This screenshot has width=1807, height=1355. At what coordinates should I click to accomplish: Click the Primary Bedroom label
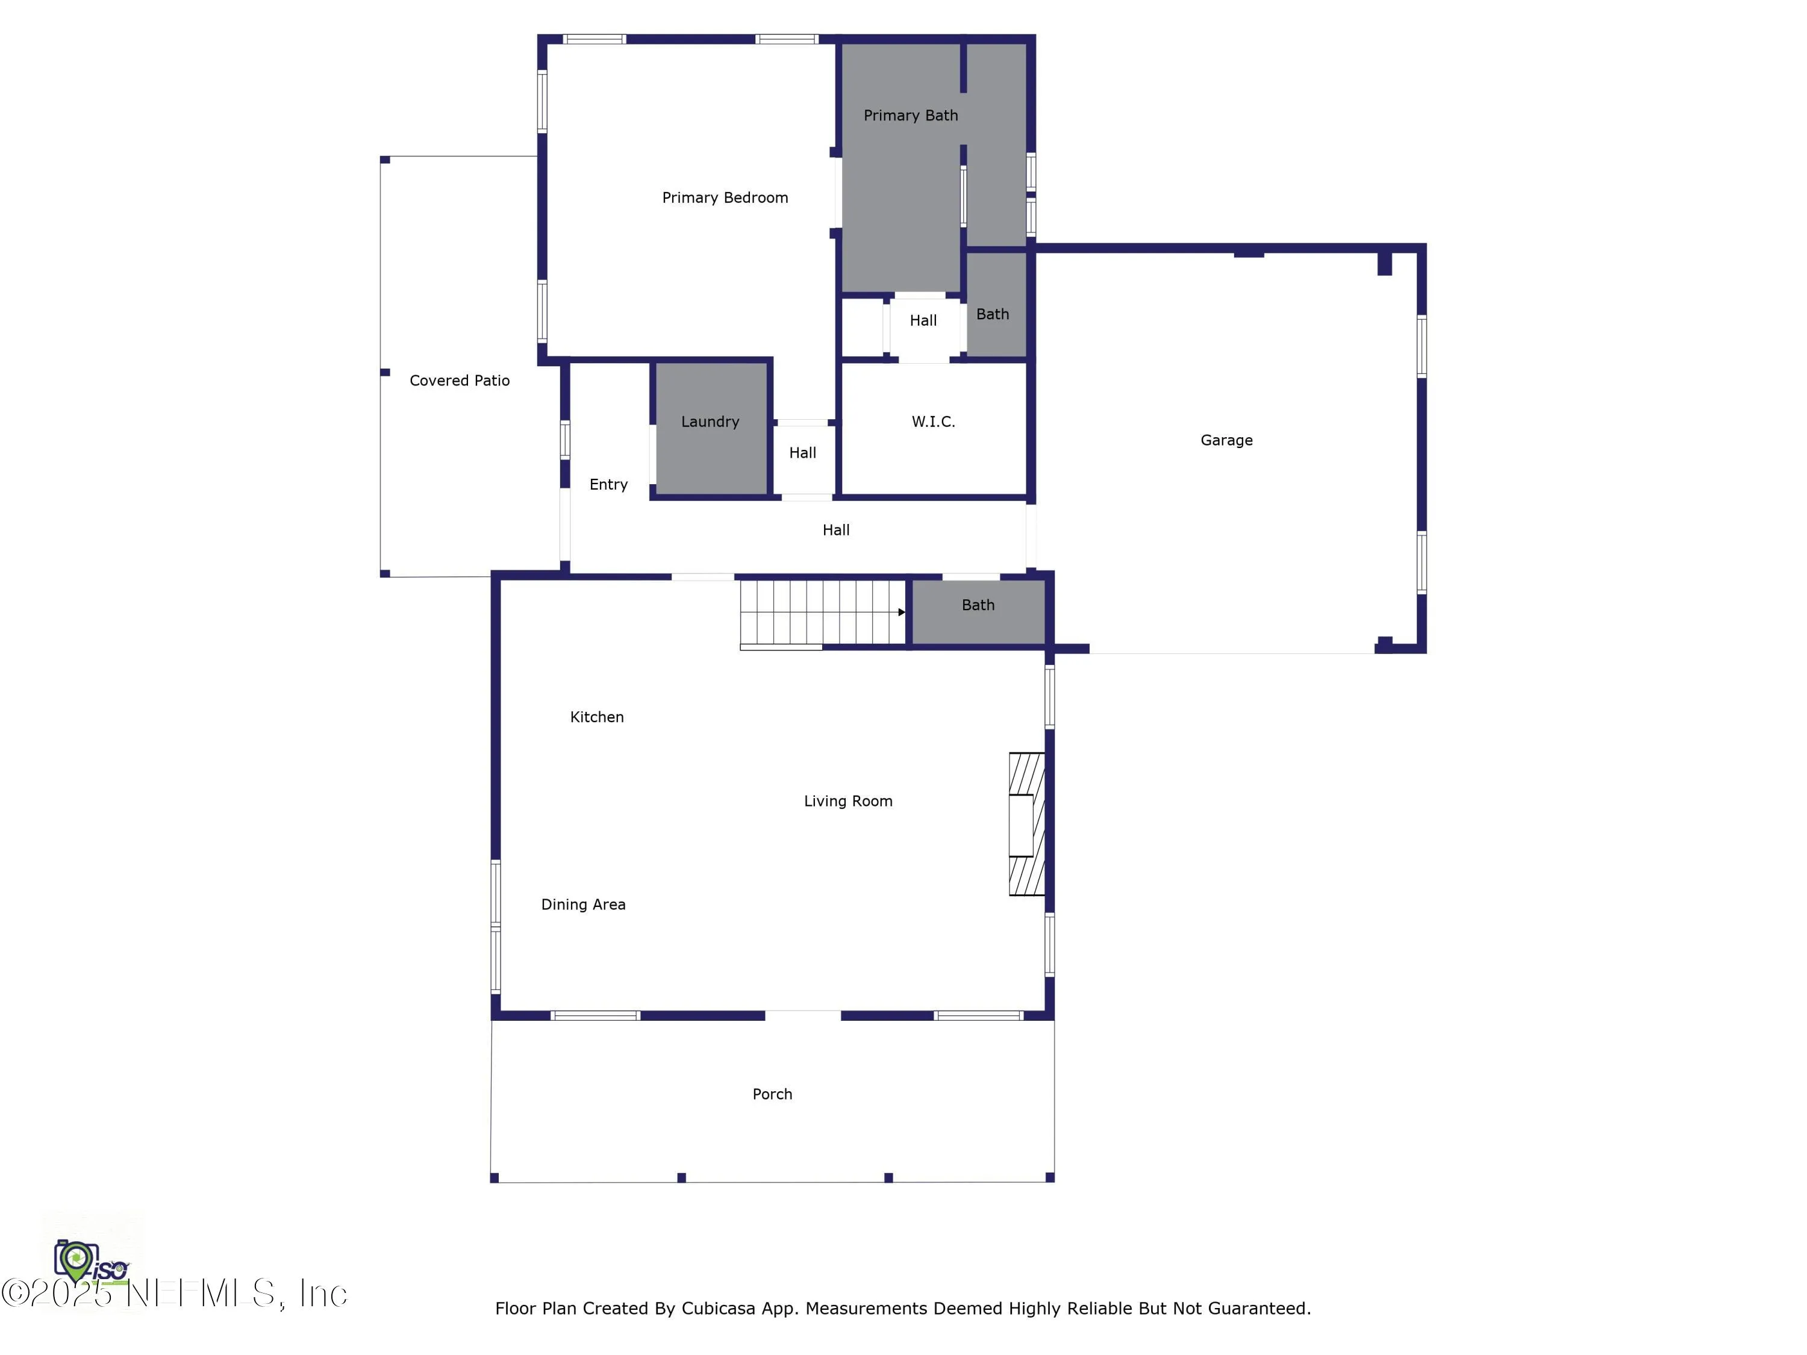pos(725,198)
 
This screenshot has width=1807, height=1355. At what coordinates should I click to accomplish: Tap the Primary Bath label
pos(910,115)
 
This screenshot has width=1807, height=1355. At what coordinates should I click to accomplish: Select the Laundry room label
pos(710,422)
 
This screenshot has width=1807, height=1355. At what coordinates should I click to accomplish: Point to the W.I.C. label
pos(933,422)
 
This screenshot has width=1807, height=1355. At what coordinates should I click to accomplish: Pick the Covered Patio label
pos(459,381)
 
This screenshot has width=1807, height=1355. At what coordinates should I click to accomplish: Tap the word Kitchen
pos(596,717)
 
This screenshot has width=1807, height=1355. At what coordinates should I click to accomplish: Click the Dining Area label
pos(583,904)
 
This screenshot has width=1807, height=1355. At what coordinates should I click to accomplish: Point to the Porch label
pos(772,1094)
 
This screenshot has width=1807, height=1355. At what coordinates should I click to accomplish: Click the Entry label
pos(608,484)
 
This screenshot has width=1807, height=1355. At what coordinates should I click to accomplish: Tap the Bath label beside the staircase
pos(978,605)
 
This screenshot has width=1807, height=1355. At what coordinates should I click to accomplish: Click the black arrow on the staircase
pos(901,612)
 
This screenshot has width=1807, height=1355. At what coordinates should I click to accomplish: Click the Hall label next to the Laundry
pos(802,452)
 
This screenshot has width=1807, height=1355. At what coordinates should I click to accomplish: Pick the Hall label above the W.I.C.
pos(923,320)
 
